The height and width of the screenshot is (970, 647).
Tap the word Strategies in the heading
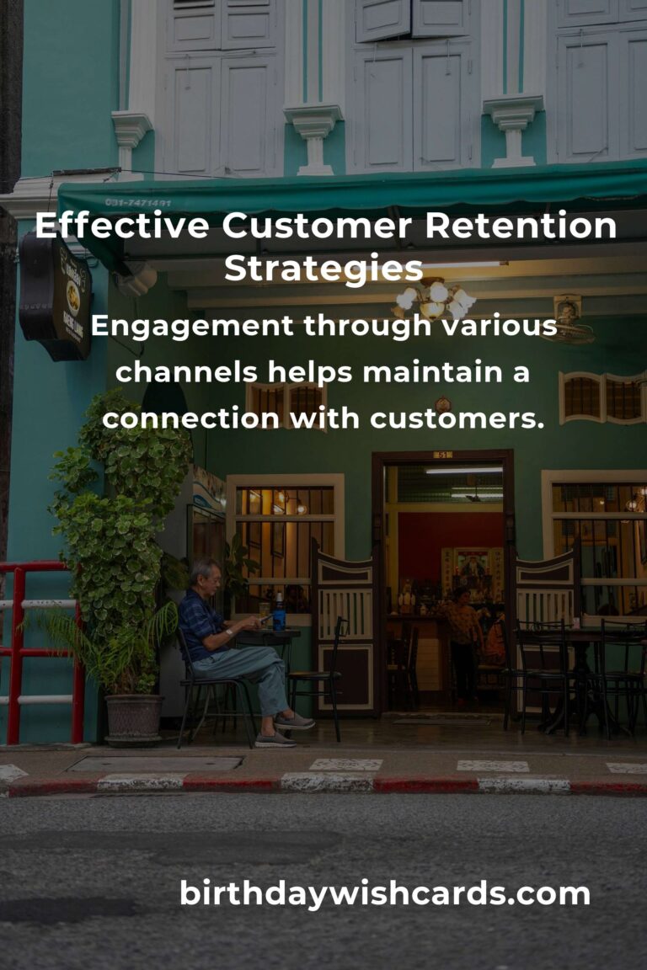tap(323, 269)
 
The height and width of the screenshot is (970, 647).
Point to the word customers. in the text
tap(462, 416)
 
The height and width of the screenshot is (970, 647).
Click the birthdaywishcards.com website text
tap(384, 893)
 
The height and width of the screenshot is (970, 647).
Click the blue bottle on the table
tap(279, 612)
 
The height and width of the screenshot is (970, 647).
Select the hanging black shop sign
tap(56, 296)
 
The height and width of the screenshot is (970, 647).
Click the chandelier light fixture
tap(436, 298)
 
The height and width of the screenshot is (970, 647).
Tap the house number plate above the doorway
tap(443, 455)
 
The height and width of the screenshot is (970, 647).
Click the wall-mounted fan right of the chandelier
tap(571, 319)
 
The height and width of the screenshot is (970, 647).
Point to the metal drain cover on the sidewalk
tap(155, 764)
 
